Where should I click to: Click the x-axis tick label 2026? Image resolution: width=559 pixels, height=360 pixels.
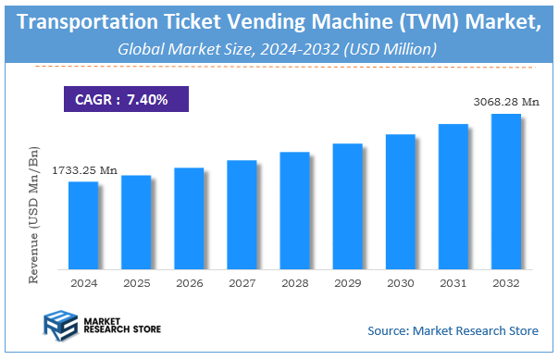coord(189,281)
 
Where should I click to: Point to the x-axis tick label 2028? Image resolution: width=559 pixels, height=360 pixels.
coord(294,281)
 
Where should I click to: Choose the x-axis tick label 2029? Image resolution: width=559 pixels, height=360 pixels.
coord(348,281)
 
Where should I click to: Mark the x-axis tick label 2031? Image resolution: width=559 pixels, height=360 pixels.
coord(453,281)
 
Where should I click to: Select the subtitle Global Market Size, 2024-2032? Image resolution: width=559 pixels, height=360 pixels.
coord(278,47)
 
